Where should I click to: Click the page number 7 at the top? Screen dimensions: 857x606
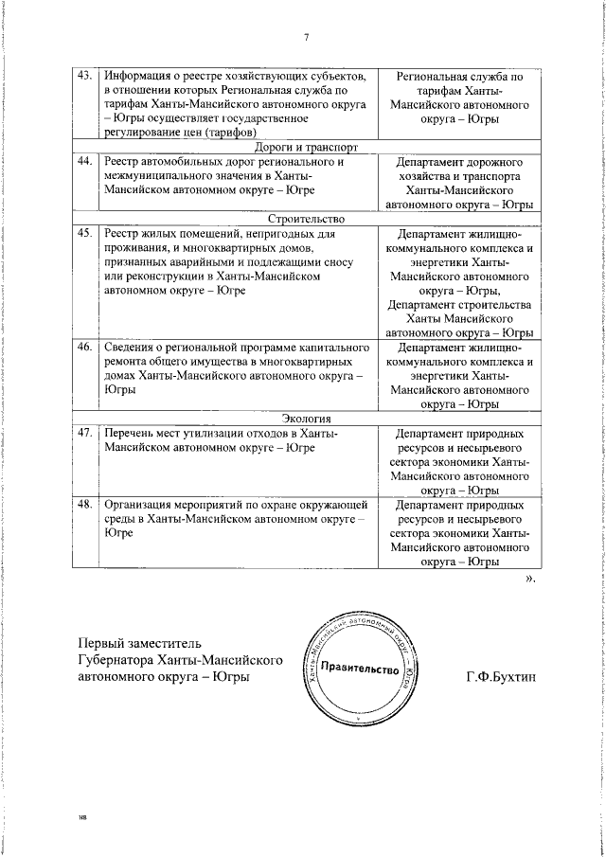pyautogui.click(x=306, y=37)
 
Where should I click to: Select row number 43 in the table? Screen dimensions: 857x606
pyautogui.click(x=84, y=75)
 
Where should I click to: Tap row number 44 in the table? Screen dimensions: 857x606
pyautogui.click(x=84, y=162)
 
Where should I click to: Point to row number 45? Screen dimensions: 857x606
pyautogui.click(x=84, y=233)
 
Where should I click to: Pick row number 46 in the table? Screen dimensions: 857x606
pyautogui.click(x=84, y=348)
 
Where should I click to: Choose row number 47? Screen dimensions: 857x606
pyautogui.click(x=84, y=434)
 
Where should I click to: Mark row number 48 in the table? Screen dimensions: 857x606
pyautogui.click(x=84, y=506)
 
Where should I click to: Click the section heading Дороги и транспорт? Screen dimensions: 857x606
pyautogui.click(x=306, y=148)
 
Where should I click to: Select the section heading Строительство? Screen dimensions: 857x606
pyautogui.click(x=306, y=219)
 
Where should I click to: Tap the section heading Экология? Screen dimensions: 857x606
pyautogui.click(x=306, y=420)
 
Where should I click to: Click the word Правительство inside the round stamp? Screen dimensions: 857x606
pyautogui.click(x=359, y=670)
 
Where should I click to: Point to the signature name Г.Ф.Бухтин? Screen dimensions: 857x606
pyautogui.click(x=500, y=678)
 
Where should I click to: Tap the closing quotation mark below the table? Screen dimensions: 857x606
pyautogui.click(x=530, y=577)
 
